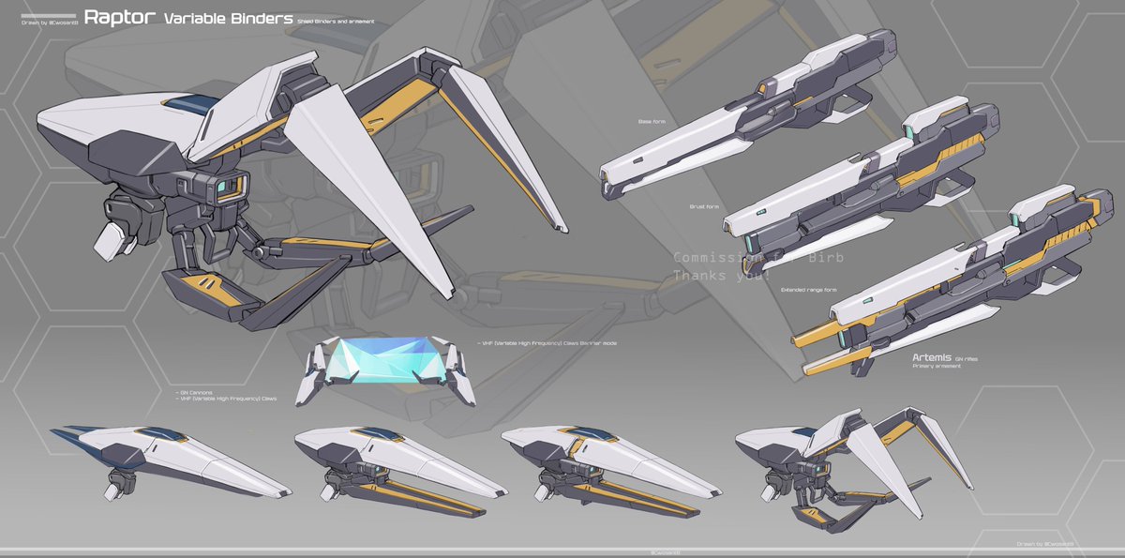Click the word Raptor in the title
pos(119,18)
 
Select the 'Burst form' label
pos(704,206)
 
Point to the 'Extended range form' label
pos(808,290)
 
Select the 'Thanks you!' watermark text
pos(722,277)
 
